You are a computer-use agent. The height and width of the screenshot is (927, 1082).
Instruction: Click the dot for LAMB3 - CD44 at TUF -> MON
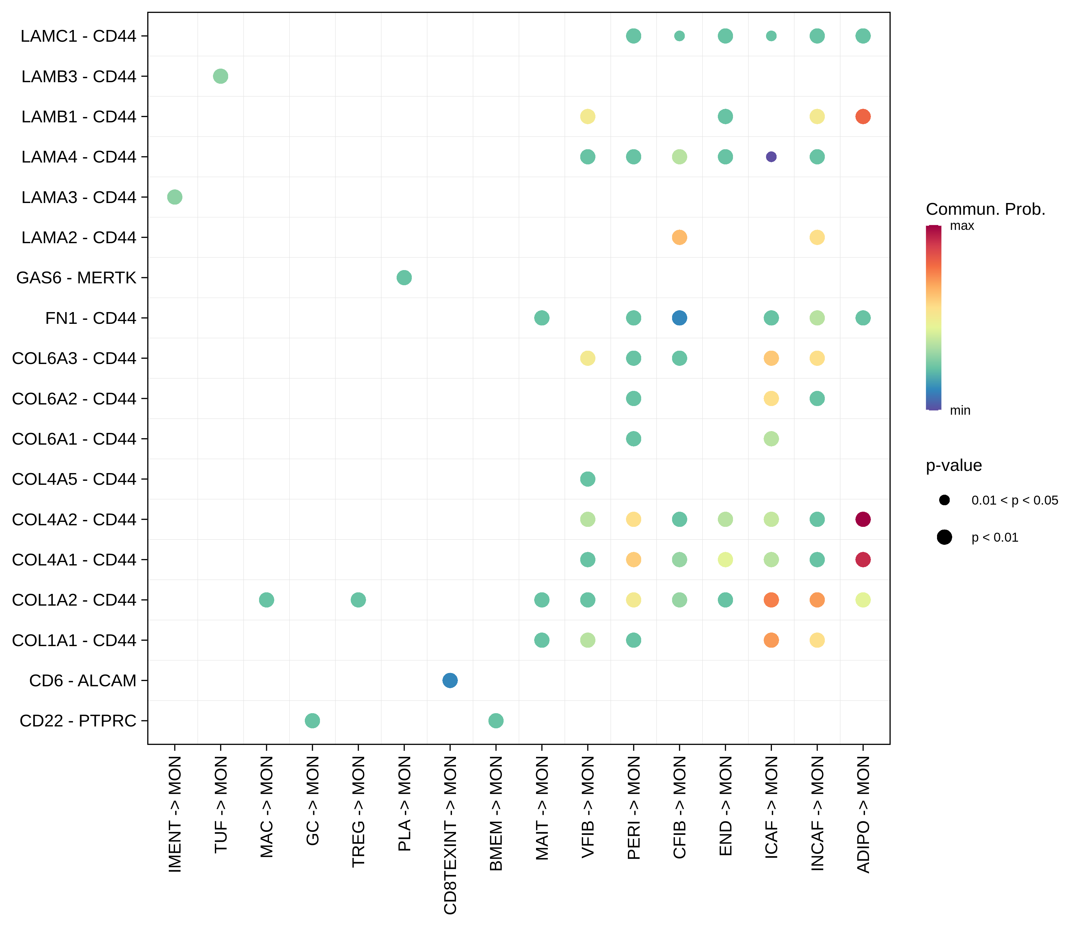tap(220, 76)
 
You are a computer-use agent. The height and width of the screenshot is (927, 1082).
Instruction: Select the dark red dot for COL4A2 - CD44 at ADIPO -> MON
tap(863, 519)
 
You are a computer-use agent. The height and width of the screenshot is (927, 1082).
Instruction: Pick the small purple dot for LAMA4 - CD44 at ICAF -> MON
tap(771, 157)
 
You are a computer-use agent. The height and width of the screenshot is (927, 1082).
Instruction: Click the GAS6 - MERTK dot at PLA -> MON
tap(404, 278)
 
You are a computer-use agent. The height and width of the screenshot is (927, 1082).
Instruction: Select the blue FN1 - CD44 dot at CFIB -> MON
tap(679, 318)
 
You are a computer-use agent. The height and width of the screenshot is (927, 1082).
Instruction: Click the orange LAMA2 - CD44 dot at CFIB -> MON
tap(679, 238)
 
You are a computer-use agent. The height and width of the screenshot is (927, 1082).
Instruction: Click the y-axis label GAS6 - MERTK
tap(76, 278)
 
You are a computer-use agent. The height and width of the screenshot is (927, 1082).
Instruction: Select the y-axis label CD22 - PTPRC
tap(78, 721)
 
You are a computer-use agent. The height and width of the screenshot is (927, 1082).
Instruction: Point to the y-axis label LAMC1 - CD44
tap(78, 36)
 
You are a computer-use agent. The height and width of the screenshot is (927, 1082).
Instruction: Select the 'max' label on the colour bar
tap(962, 226)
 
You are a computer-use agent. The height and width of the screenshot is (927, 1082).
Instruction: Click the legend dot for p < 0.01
tap(944, 537)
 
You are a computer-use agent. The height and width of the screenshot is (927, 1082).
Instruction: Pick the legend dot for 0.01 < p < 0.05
tap(944, 500)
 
